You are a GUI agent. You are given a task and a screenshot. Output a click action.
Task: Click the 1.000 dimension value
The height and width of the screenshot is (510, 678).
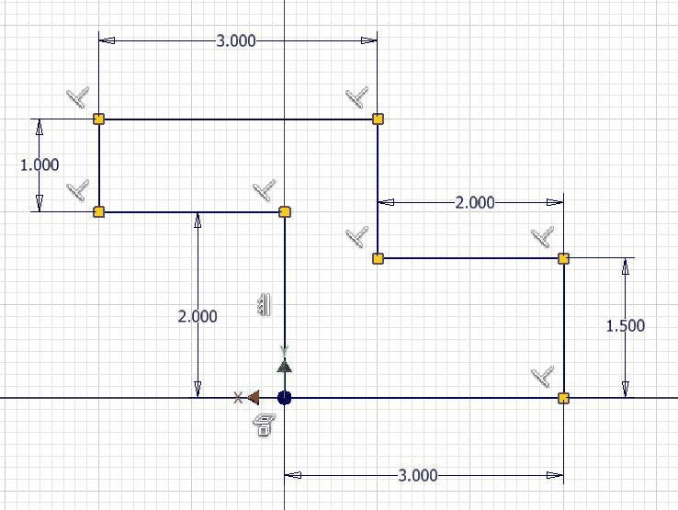40,164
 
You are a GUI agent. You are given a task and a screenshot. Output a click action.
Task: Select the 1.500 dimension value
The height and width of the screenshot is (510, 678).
626,325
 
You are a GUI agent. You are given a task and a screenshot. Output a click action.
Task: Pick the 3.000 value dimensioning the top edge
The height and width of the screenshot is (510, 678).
236,41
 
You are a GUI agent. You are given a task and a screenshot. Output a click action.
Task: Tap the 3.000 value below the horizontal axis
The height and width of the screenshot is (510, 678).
418,475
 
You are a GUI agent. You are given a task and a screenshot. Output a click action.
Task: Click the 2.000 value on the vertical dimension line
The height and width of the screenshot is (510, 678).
198,317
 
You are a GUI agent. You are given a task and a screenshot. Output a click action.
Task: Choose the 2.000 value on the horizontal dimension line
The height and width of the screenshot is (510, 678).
475,202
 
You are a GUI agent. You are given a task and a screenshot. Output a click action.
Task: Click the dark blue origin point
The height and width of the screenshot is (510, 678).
284,398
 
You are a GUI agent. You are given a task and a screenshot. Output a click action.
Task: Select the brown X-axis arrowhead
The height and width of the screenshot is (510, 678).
254,398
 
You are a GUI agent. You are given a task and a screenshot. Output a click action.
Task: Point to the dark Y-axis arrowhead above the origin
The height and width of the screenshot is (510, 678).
284,366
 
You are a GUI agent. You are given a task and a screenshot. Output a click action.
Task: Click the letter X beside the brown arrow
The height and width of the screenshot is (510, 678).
238,398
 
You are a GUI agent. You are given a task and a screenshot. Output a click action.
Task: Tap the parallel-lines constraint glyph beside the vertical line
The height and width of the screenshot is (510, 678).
264,304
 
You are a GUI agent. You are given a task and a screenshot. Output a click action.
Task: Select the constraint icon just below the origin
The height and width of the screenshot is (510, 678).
264,425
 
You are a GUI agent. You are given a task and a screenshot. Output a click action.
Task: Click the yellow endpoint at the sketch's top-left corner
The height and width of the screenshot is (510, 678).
98,119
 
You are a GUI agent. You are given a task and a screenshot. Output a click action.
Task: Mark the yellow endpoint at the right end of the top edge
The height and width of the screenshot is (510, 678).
378,119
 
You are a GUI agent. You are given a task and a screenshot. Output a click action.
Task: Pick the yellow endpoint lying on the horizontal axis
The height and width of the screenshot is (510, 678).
563,398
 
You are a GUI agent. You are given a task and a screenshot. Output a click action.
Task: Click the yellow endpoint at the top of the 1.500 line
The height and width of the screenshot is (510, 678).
563,259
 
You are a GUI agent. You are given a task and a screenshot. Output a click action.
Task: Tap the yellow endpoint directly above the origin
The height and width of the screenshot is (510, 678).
285,212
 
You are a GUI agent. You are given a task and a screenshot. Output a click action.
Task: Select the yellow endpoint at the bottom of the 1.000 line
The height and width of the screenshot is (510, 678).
98,212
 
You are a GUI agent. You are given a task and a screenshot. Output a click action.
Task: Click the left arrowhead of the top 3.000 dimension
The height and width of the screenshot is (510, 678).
107,40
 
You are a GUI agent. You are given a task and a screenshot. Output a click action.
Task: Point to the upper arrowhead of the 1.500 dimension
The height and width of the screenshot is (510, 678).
626,266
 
